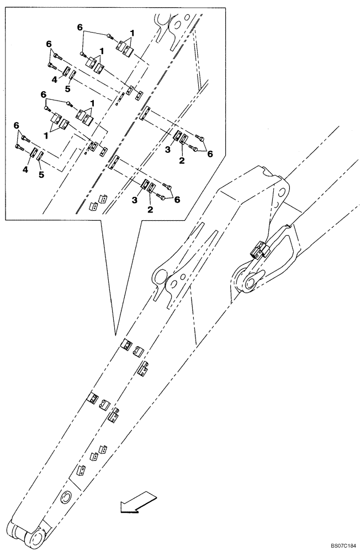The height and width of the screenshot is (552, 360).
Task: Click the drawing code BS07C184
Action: click(x=340, y=545)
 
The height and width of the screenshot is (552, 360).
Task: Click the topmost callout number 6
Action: click(x=80, y=27)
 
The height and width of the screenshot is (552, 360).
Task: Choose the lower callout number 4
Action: click(x=25, y=171)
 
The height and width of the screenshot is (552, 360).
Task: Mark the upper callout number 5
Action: click(x=67, y=88)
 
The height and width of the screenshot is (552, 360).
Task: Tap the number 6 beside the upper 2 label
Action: click(x=210, y=155)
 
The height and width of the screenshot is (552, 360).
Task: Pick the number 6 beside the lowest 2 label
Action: click(x=177, y=200)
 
